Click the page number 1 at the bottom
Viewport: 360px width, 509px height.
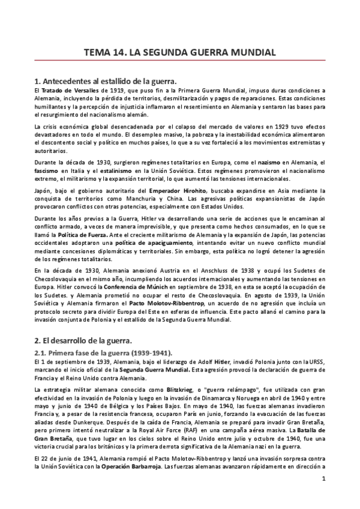[x=323, y=495]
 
